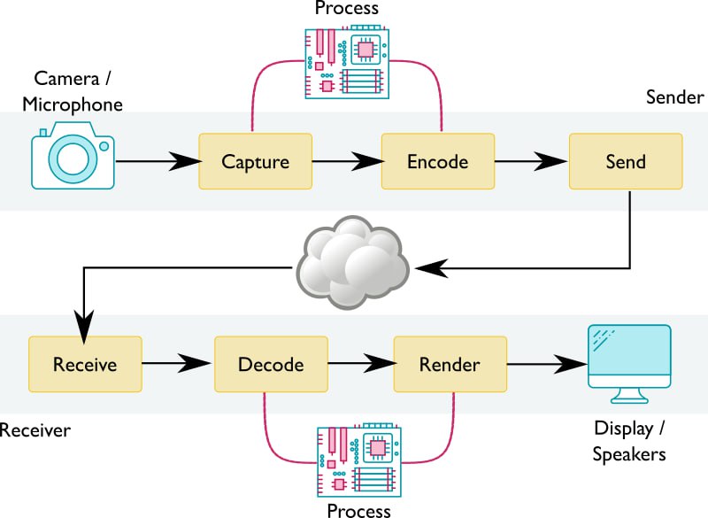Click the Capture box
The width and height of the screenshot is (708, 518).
[x=255, y=161]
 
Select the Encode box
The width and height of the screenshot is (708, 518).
[x=437, y=161]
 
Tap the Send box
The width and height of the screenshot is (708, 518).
[x=625, y=161]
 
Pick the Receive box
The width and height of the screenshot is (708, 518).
[x=85, y=364]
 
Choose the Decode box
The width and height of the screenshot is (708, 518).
[x=271, y=364]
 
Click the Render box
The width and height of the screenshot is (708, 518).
[x=450, y=364]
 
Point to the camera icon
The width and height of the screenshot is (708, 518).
[x=73, y=157]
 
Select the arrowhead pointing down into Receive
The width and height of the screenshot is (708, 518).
[x=83, y=325]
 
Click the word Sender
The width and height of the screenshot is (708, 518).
[x=674, y=97]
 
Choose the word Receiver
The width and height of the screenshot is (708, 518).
[x=35, y=431]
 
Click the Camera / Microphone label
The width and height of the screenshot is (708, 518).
[x=73, y=92]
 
